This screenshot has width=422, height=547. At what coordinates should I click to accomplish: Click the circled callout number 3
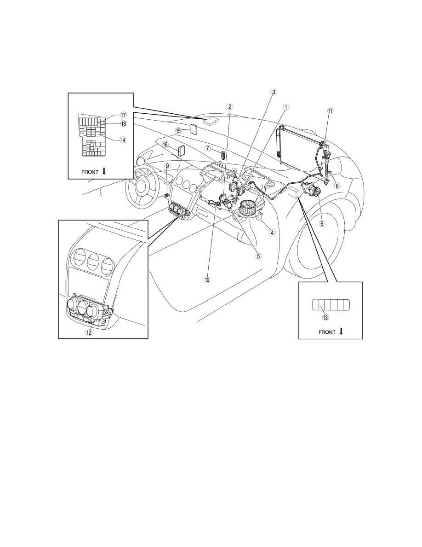click(274, 92)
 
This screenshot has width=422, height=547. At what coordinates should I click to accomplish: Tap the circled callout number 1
click(285, 107)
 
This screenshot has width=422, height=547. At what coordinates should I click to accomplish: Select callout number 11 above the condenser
click(330, 111)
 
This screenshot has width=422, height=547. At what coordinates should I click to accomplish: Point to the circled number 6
click(322, 224)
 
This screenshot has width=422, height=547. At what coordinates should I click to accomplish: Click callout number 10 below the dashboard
click(207, 279)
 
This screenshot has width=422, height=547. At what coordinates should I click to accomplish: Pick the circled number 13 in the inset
click(325, 317)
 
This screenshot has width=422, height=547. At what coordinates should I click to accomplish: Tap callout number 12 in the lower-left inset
click(89, 332)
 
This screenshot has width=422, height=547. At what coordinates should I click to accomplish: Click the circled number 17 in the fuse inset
click(123, 115)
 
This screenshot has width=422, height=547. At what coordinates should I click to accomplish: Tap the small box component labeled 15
click(194, 129)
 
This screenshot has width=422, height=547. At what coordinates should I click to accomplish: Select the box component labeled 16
click(182, 151)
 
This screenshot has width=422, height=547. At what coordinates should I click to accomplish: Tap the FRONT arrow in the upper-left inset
click(104, 172)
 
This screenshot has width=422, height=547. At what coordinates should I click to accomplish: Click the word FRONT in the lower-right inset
click(327, 332)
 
